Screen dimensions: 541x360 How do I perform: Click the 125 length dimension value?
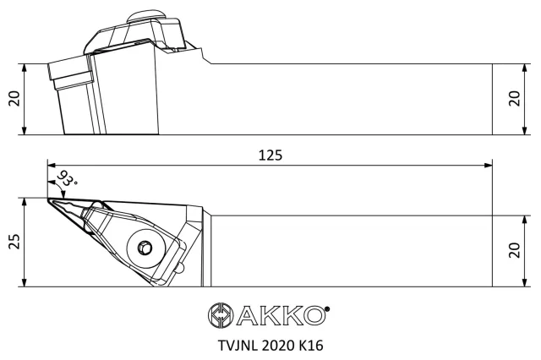pyautogui.click(x=270, y=155)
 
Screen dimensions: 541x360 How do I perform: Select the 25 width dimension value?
pyautogui.click(x=14, y=242)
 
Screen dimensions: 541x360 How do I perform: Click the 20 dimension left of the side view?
pyautogui.click(x=14, y=99)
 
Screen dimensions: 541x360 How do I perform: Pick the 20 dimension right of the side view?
pyautogui.click(x=515, y=99)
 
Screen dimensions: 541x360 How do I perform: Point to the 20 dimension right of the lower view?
pyautogui.click(x=515, y=250)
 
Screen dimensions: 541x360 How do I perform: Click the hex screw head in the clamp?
pyautogui.click(x=145, y=248)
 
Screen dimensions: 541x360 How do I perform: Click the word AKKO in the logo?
pyautogui.click(x=281, y=315)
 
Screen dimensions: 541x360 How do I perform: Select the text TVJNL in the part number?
pyautogui.click(x=238, y=345)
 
